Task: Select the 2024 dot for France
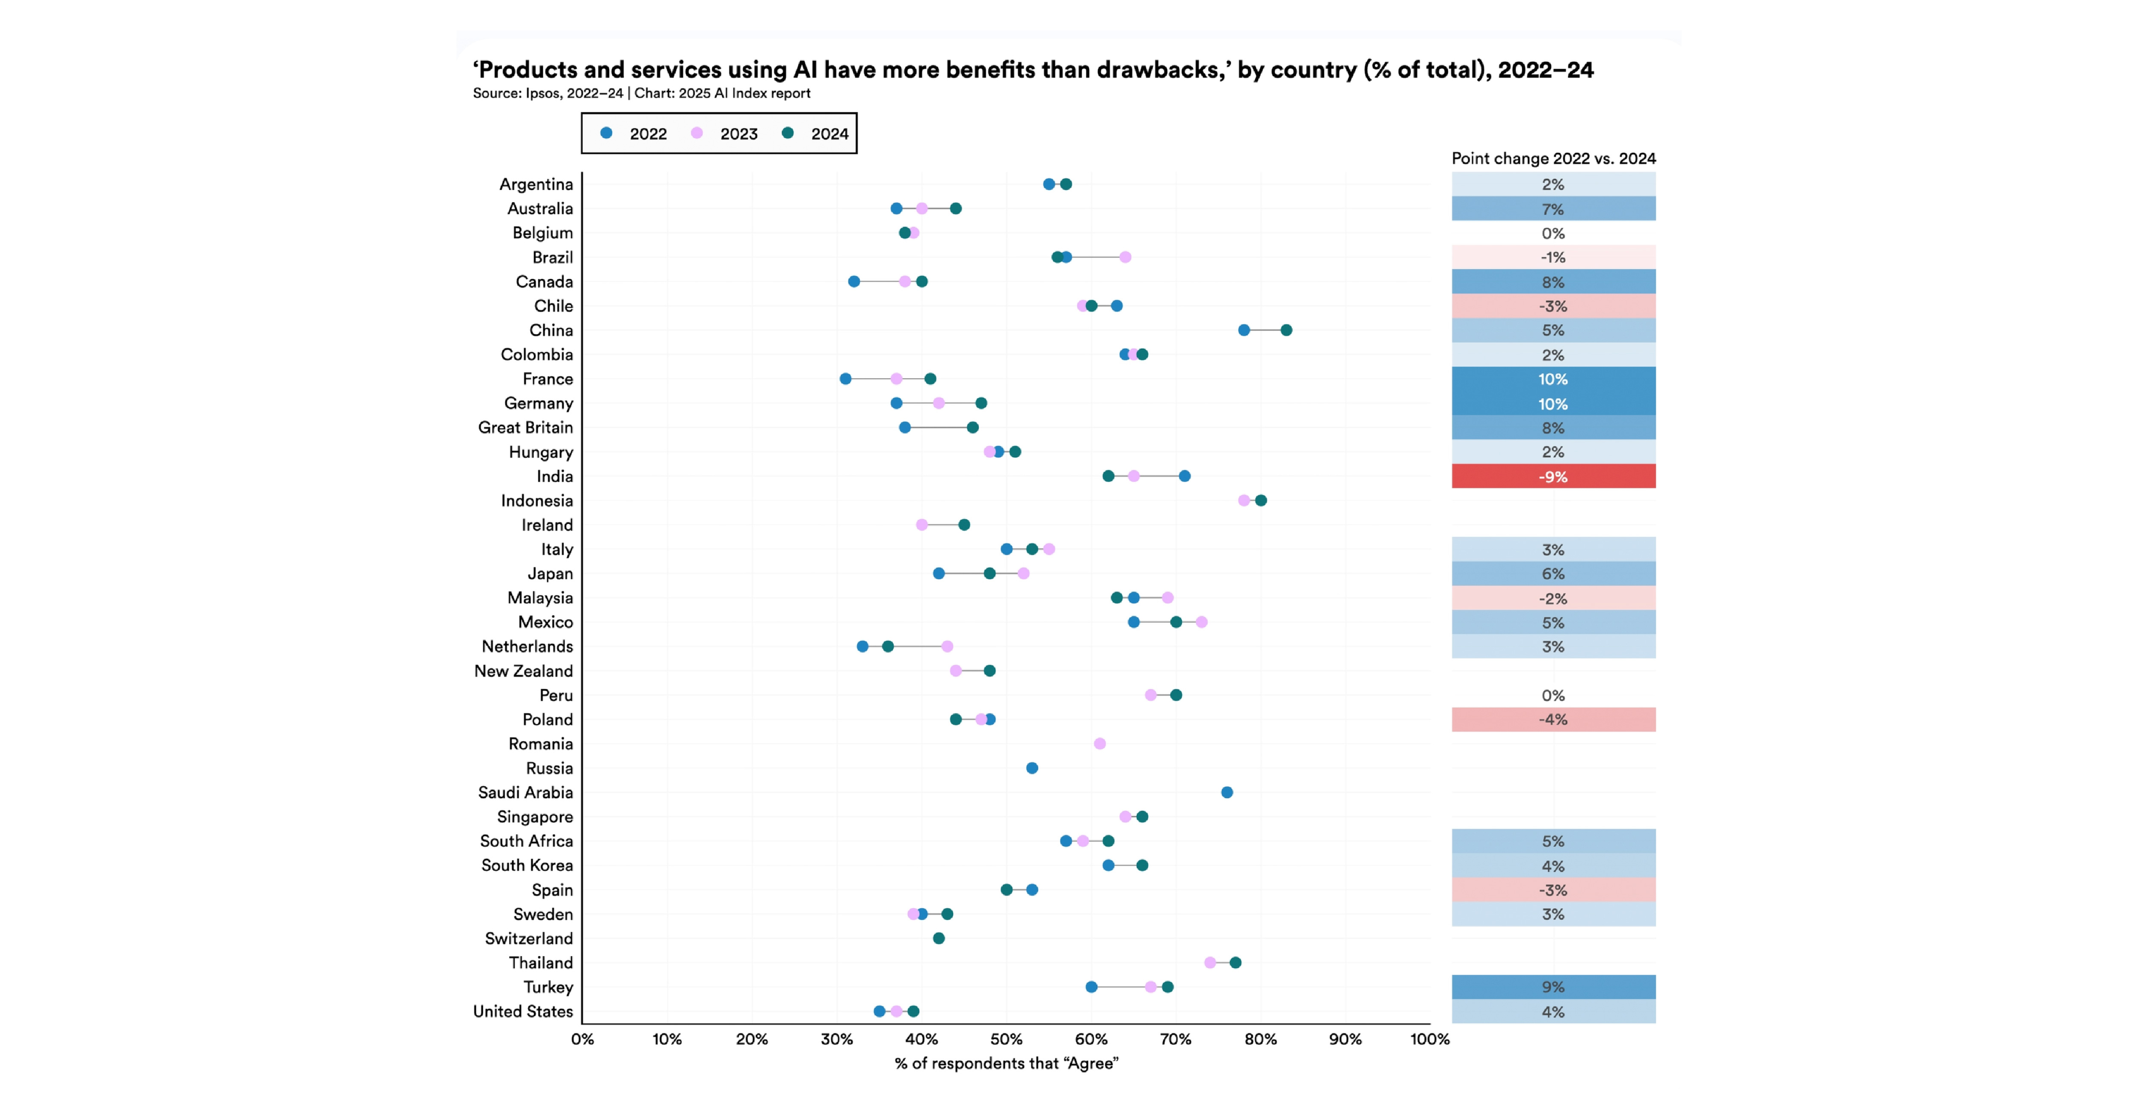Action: pos(930,379)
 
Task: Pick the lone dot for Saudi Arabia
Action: pos(1227,792)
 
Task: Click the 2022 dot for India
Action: pos(1184,476)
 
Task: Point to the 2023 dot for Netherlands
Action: pos(947,646)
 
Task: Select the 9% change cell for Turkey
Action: pos(1553,987)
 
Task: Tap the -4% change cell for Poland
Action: pos(1553,720)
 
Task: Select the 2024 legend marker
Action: pos(787,133)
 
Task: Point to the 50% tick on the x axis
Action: pos(1006,1039)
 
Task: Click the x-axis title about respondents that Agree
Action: pos(1006,1063)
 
